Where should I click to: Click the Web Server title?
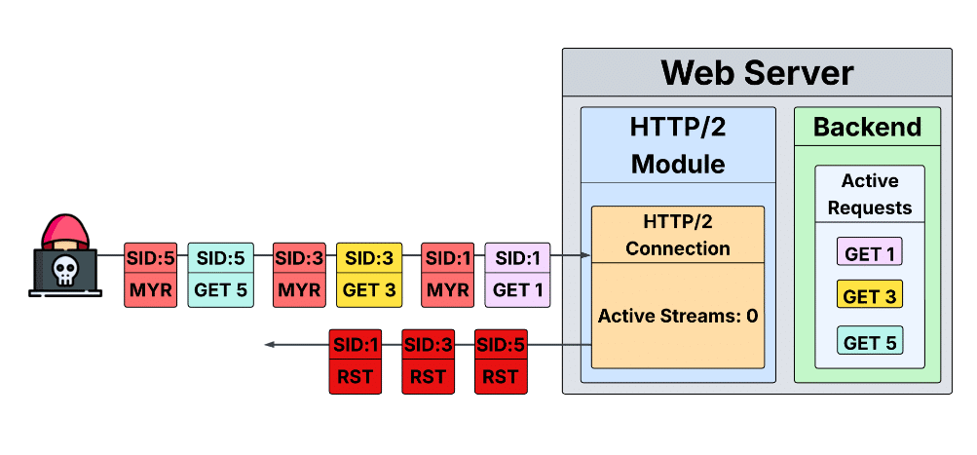[x=757, y=73]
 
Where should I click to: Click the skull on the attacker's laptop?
[x=65, y=269]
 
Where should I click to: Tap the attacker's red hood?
[x=65, y=232]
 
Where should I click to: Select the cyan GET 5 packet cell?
[x=220, y=290]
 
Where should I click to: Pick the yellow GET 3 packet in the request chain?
[x=369, y=290]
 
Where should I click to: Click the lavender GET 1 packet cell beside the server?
[x=517, y=290]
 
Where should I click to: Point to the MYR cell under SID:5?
[x=151, y=290]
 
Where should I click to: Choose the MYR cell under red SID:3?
[x=299, y=290]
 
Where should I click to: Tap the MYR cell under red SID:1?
[x=448, y=290]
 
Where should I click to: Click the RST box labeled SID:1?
[x=356, y=376]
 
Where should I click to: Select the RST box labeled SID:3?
[x=429, y=376]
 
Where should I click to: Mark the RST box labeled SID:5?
[x=501, y=376]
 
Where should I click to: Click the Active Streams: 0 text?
[x=678, y=316]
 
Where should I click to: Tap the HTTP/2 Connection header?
[x=678, y=235]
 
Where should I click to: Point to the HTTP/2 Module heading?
[x=678, y=144]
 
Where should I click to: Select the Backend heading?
[x=867, y=127]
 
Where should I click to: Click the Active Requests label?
[x=870, y=194]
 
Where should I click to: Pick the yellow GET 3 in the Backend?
[x=870, y=295]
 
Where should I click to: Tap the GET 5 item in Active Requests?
[x=870, y=341]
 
